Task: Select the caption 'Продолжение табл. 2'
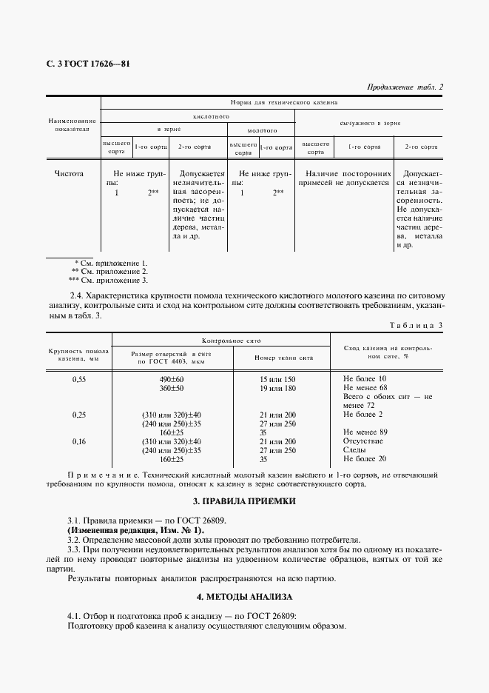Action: pyautogui.click(x=405, y=87)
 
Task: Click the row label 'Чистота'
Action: pyautogui.click(x=69, y=174)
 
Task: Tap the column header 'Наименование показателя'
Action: pyautogui.click(x=72, y=124)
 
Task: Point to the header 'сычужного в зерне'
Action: pyautogui.click(x=370, y=124)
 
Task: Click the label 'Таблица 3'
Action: pyautogui.click(x=416, y=325)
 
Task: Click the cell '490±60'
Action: pyautogui.click(x=171, y=379)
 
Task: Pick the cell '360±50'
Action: pyautogui.click(x=171, y=388)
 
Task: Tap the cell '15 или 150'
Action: pyautogui.click(x=277, y=379)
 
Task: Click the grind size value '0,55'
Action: pyautogui.click(x=79, y=379)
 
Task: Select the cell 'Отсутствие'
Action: pyautogui.click(x=363, y=441)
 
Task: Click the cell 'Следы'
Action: pyautogui.click(x=355, y=450)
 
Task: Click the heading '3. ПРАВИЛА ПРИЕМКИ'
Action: pyautogui.click(x=245, y=501)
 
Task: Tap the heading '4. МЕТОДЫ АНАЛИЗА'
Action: pyautogui.click(x=245, y=596)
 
